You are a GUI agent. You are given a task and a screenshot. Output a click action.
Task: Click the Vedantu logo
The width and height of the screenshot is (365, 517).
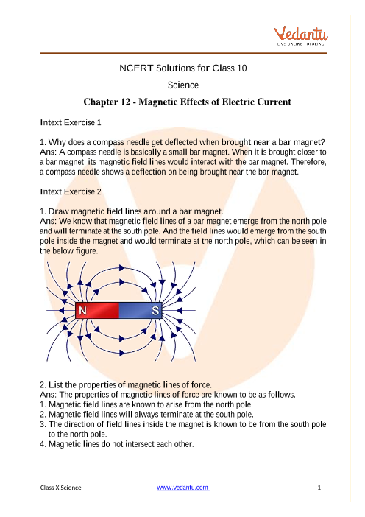(x=300, y=35)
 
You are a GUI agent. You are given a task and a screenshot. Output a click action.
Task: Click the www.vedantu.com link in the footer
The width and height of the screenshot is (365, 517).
(x=182, y=488)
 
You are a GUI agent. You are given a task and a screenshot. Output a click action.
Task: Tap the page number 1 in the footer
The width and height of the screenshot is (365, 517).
(x=319, y=488)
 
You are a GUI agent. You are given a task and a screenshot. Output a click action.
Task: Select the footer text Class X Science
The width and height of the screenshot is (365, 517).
(x=60, y=488)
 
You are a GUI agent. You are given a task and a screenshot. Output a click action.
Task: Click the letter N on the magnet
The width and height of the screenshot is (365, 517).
(x=82, y=311)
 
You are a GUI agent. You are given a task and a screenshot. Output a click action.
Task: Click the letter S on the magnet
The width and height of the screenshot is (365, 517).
(x=155, y=311)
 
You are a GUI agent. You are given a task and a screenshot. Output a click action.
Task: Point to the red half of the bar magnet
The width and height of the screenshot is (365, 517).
(x=97, y=311)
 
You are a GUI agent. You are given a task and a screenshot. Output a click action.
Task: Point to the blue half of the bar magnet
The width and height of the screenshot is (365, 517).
(x=141, y=311)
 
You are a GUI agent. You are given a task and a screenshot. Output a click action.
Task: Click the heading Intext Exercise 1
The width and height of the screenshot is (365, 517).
(x=71, y=122)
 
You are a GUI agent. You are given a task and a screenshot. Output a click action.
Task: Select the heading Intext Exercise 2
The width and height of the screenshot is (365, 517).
(x=71, y=191)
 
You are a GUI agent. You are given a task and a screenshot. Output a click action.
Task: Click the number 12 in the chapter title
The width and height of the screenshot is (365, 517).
(x=126, y=102)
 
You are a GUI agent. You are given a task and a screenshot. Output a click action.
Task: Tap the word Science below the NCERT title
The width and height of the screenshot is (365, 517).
(x=182, y=85)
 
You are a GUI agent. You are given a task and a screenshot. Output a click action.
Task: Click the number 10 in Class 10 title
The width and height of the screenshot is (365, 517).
(x=241, y=68)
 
